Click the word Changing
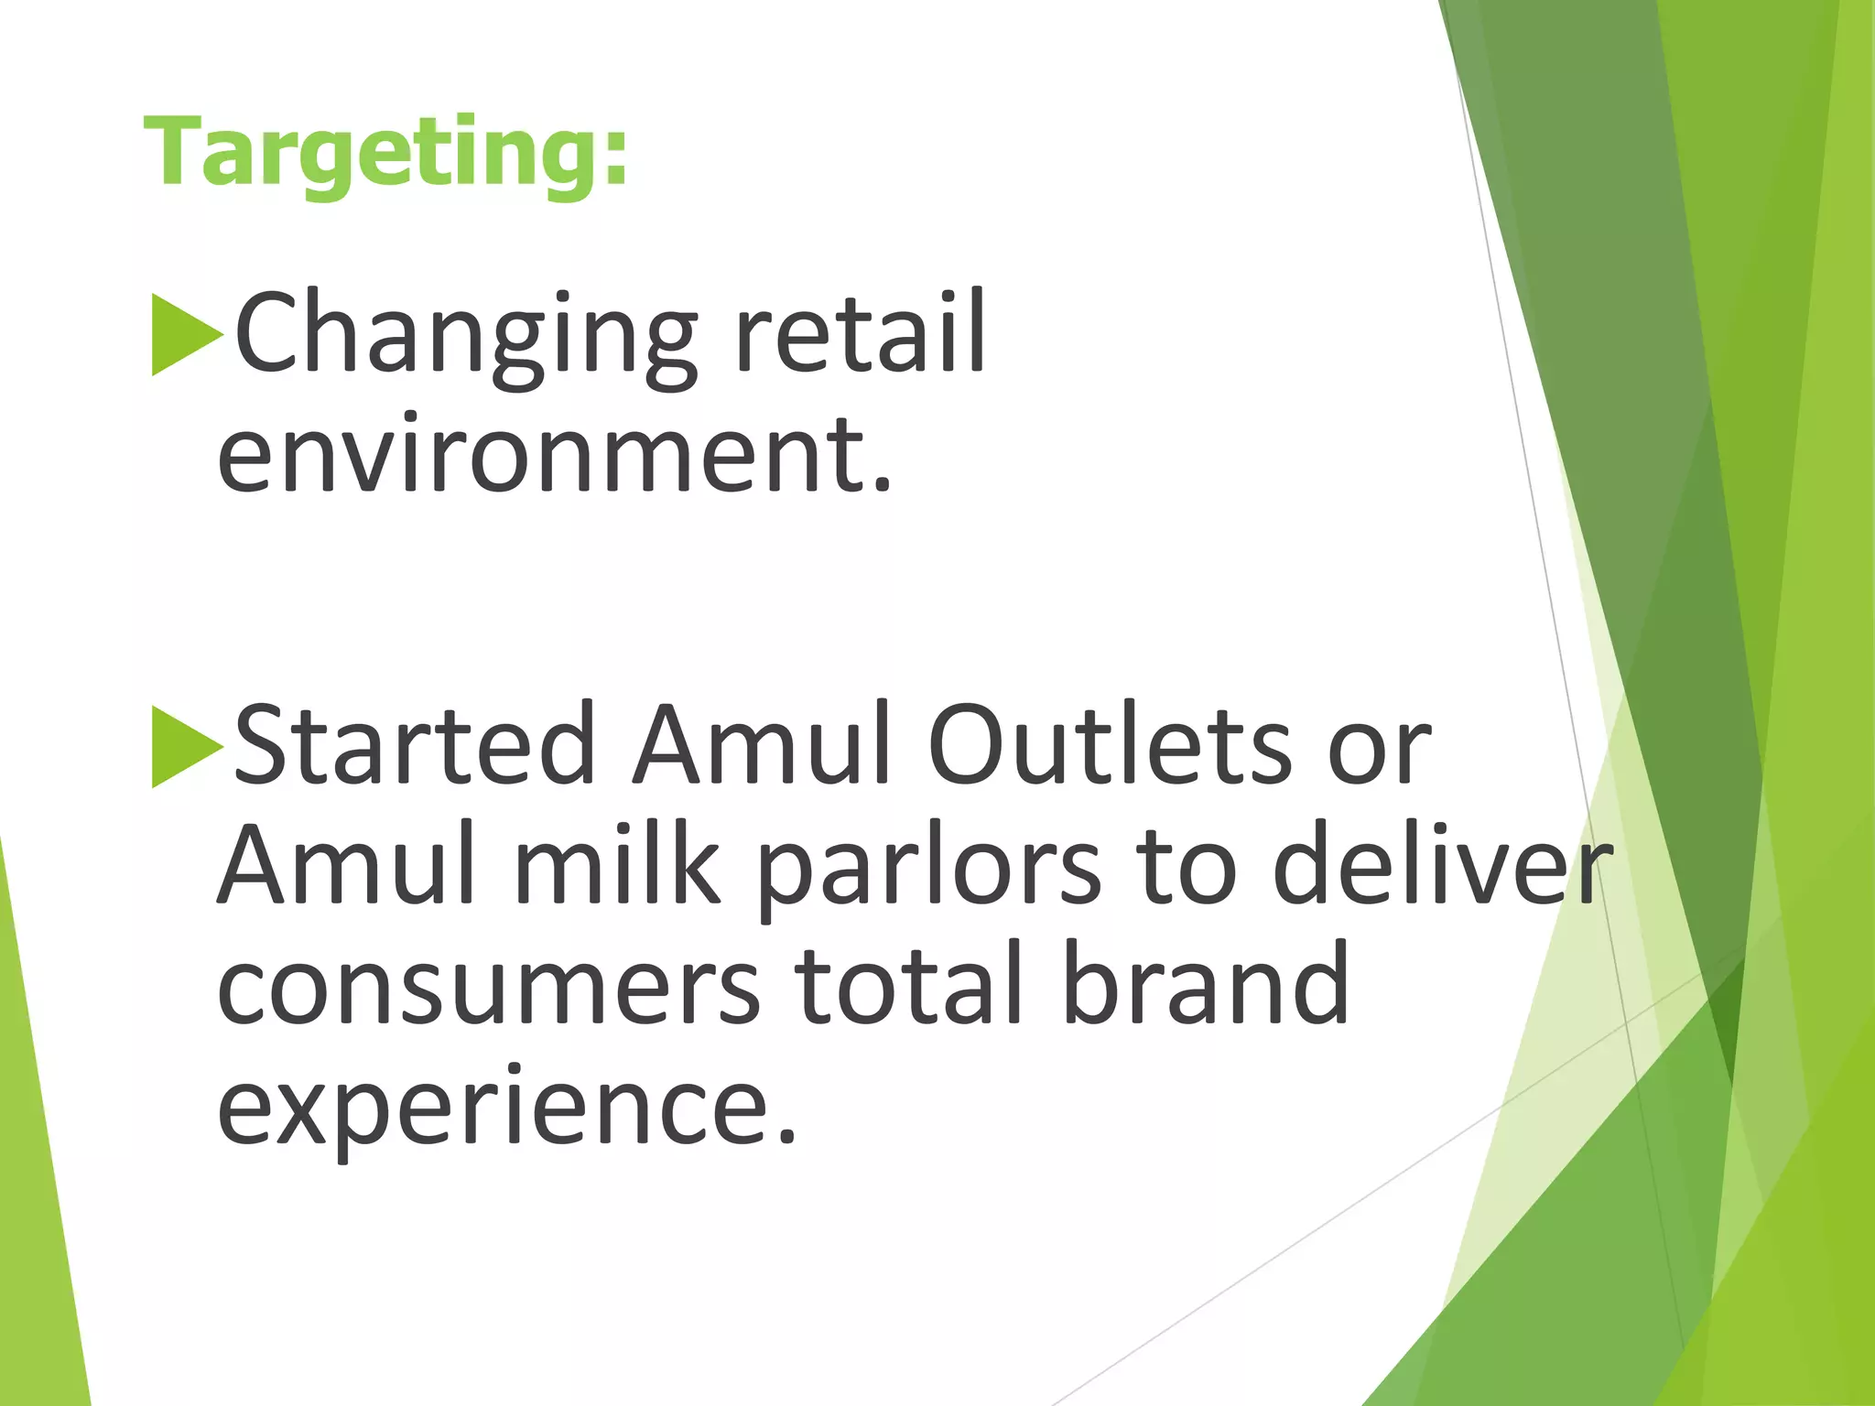[x=466, y=333]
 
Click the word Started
[x=414, y=745]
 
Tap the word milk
[x=617, y=866]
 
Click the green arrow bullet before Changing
[x=187, y=335]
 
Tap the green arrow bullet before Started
[x=187, y=747]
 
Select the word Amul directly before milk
[x=346, y=866]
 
